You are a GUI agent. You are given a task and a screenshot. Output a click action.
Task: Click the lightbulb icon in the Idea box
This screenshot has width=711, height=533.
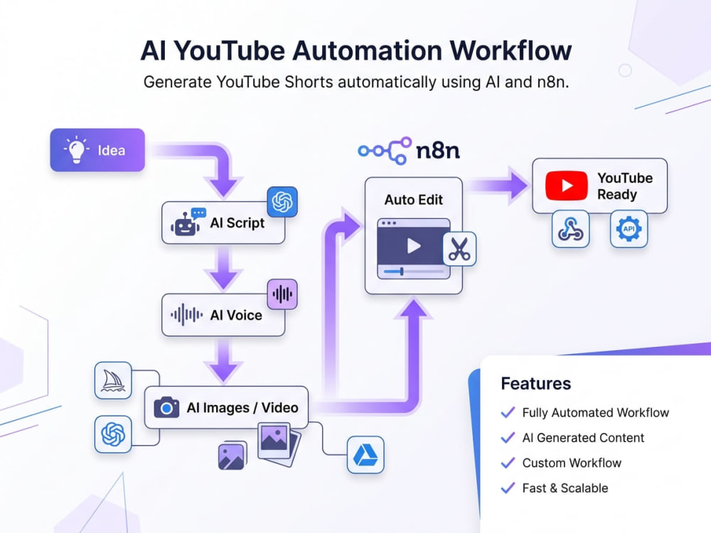pos(76,149)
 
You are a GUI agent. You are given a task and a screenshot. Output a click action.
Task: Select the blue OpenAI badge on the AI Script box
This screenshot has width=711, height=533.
pos(282,202)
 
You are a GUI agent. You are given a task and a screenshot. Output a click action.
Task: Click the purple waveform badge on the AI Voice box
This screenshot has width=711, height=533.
pos(282,294)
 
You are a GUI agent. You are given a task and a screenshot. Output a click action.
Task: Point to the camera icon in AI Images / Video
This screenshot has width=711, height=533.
pos(166,407)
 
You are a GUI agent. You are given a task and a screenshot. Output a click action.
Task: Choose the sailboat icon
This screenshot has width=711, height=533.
pos(113,380)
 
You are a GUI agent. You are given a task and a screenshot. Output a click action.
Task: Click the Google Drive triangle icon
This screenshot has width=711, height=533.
pos(365,455)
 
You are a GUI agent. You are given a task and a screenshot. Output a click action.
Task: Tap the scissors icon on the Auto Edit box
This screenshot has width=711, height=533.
pos(459,249)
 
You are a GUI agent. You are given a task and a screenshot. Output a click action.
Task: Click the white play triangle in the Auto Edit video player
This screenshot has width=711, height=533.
pos(414,246)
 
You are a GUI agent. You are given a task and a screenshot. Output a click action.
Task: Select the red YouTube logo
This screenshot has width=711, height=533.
pos(567,185)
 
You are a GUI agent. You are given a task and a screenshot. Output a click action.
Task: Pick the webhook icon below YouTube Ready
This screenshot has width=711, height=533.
pos(570,229)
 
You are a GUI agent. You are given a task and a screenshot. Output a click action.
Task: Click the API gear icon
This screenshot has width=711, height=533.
pos(629,229)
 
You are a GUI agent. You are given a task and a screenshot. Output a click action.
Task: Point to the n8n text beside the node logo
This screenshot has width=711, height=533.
pos(437,150)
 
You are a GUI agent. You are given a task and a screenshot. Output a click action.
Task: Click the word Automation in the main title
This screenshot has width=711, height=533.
pos(367,50)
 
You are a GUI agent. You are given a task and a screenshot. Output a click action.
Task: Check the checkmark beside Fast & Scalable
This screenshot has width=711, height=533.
pos(508,488)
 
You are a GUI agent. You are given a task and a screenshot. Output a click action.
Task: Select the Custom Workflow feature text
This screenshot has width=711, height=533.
pos(572,463)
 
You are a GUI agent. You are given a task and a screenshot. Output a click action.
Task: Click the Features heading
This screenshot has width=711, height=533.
pos(535,384)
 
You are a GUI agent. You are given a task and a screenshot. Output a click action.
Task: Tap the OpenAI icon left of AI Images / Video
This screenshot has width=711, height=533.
pos(113,434)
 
